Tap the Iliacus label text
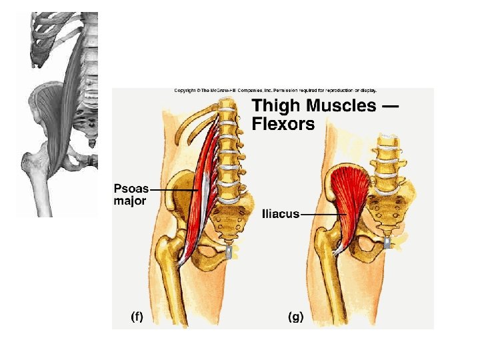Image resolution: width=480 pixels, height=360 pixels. point(281,214)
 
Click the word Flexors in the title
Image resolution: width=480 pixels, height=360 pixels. point(283,124)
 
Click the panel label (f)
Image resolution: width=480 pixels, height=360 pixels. point(137,317)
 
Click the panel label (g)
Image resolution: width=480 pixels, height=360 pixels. point(295,317)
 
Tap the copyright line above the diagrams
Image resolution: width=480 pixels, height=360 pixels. point(275,90)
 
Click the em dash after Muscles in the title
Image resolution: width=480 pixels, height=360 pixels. point(389,106)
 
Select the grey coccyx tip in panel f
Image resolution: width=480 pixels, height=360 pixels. point(231,251)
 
